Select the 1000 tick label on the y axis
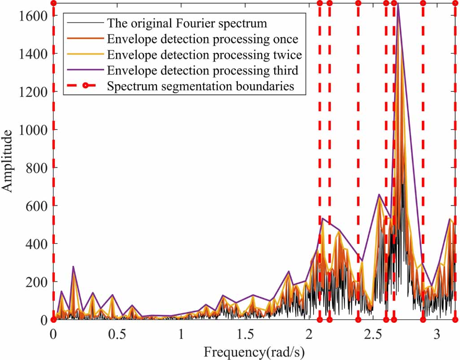pyautogui.click(x=34, y=130)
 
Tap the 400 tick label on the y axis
pyautogui.click(x=36, y=243)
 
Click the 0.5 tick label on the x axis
pyautogui.click(x=117, y=335)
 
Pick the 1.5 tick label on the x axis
pyautogui.click(x=245, y=335)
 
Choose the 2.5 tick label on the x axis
pyautogui.click(x=373, y=335)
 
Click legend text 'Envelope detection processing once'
pyautogui.click(x=203, y=39)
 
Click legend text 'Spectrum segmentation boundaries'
pyautogui.click(x=201, y=87)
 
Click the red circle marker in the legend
pyautogui.click(x=83, y=87)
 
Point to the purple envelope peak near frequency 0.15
pyautogui.click(x=73, y=266)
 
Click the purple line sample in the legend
pyautogui.click(x=83, y=70)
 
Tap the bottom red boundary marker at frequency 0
pyautogui.click(x=53, y=320)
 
